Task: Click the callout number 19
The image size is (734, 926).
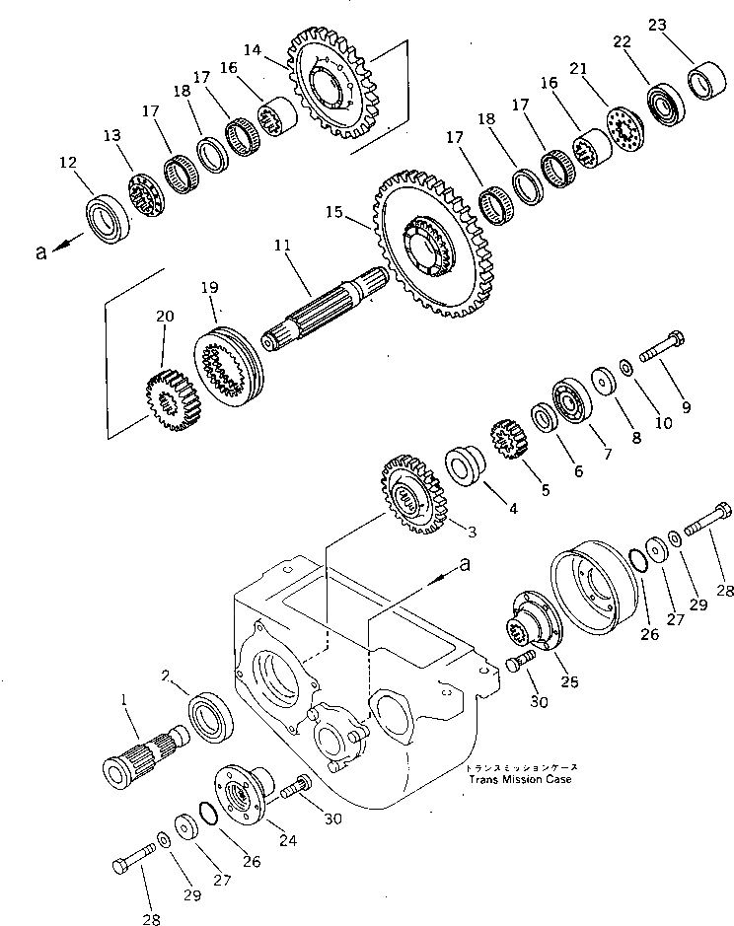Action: (209, 289)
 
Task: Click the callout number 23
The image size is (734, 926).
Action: (654, 29)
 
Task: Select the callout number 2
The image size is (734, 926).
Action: (167, 676)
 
